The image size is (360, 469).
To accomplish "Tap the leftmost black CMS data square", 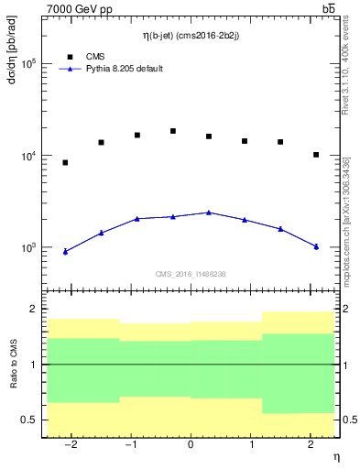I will (65, 163).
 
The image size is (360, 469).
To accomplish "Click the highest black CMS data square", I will (173, 131).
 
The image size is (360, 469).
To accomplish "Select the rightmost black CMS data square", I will (316, 155).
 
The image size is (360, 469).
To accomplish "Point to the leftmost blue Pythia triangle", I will (65, 251).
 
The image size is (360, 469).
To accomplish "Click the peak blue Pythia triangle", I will (209, 213).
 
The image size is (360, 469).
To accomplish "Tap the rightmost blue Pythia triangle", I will (316, 245).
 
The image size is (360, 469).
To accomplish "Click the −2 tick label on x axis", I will (71, 445).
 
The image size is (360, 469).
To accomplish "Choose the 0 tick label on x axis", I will (191, 445).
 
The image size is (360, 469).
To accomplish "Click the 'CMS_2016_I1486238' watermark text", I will (190, 275).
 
